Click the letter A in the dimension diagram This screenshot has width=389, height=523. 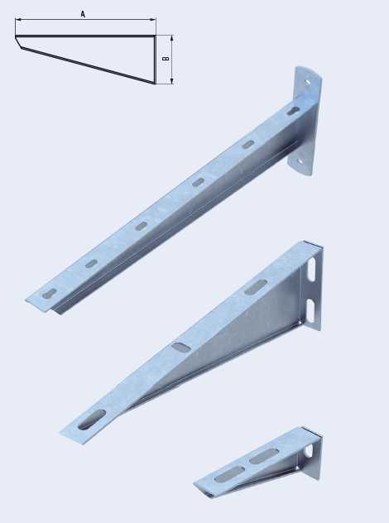coord(83,14)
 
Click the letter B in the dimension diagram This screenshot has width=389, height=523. coord(166,59)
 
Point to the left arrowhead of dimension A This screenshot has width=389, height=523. coord(18,20)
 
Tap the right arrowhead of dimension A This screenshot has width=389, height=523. coord(153,20)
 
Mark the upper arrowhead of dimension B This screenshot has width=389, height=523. coord(172,38)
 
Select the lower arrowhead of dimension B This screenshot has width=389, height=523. coord(172,81)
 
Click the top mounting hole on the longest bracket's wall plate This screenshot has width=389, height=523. coord(307,82)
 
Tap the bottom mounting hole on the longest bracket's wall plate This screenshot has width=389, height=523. coord(300,161)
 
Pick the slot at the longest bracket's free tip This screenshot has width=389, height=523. coord(49,294)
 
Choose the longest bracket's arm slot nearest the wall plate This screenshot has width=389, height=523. coord(294,111)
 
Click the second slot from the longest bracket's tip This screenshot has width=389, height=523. coord(91,264)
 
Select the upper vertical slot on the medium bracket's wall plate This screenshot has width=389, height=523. coord(311,269)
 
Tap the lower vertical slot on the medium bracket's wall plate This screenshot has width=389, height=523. coord(311,310)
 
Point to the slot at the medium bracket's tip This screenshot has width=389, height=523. coord(92,420)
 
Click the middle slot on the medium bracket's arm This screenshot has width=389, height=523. coord(182,346)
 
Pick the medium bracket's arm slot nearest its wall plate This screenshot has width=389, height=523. coord(256,287)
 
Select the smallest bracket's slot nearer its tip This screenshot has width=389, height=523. coord(229,474)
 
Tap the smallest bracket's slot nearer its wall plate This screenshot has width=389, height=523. coord(264,456)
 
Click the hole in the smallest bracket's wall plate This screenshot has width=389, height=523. coord(310,451)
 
